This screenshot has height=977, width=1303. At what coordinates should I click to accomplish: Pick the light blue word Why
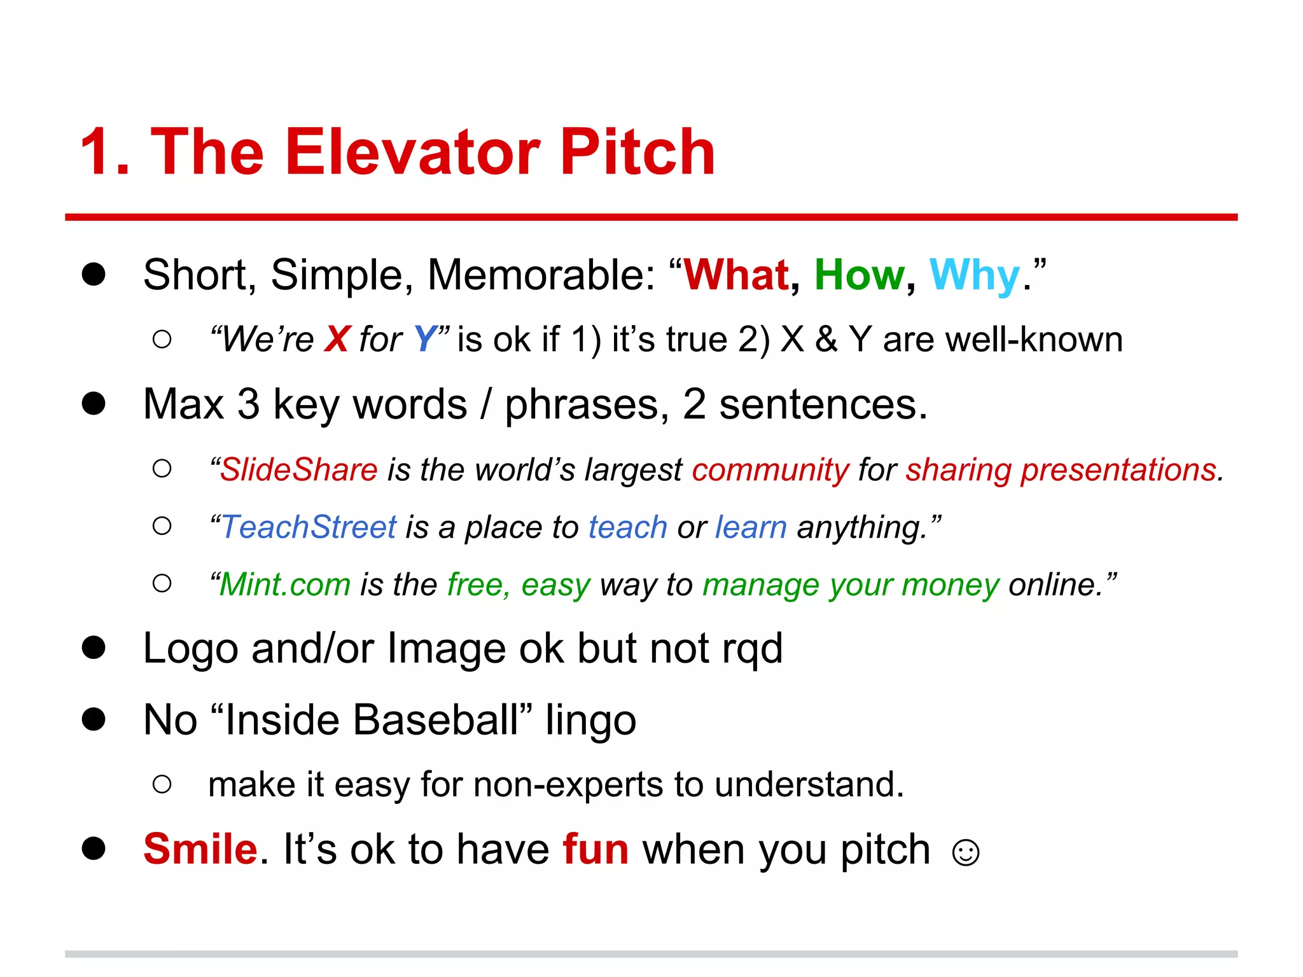pos(974,276)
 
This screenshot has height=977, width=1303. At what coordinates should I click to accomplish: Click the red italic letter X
pos(337,339)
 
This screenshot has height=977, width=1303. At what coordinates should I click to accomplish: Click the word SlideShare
pos(299,470)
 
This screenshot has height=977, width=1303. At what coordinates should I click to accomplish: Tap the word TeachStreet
pos(309,527)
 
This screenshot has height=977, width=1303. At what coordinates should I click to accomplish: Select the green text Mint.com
pos(285,585)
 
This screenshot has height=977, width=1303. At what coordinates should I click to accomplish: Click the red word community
pos(770,470)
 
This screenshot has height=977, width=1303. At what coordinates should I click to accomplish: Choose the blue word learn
pos(751,527)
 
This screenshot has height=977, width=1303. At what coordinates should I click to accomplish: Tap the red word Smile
pos(200,849)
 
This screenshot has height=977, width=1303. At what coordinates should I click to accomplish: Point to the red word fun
pos(596,849)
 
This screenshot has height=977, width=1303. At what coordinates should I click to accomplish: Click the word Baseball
pos(436,720)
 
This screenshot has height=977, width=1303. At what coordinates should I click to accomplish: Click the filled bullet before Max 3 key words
pos(94,403)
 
